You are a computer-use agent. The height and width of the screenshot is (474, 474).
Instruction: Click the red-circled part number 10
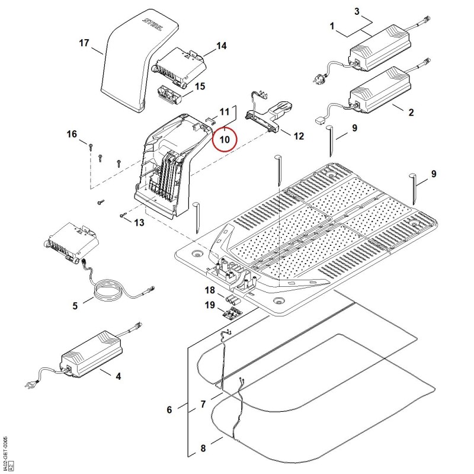(225, 139)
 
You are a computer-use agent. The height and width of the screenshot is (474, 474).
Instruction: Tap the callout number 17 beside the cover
(84, 43)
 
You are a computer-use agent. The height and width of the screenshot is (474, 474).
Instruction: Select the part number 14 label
(221, 46)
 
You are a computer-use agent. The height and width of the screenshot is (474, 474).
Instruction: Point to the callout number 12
(299, 136)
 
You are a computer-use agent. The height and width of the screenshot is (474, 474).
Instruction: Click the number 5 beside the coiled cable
(75, 306)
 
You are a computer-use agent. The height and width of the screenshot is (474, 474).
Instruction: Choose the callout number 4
(118, 376)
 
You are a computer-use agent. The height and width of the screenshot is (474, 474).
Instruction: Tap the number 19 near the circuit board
(210, 305)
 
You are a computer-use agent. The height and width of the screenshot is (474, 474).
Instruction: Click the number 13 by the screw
(139, 223)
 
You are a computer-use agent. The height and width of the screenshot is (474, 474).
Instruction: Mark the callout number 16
(72, 134)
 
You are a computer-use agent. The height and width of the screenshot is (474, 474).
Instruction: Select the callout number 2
(411, 113)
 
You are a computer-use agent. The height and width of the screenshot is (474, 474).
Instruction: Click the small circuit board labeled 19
(232, 313)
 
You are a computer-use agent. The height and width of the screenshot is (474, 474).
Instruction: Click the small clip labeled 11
(211, 121)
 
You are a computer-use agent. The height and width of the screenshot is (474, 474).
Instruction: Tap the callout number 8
(203, 449)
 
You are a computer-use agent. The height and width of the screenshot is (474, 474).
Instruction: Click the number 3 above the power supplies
(357, 12)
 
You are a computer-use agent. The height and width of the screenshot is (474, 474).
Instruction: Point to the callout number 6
(169, 410)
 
